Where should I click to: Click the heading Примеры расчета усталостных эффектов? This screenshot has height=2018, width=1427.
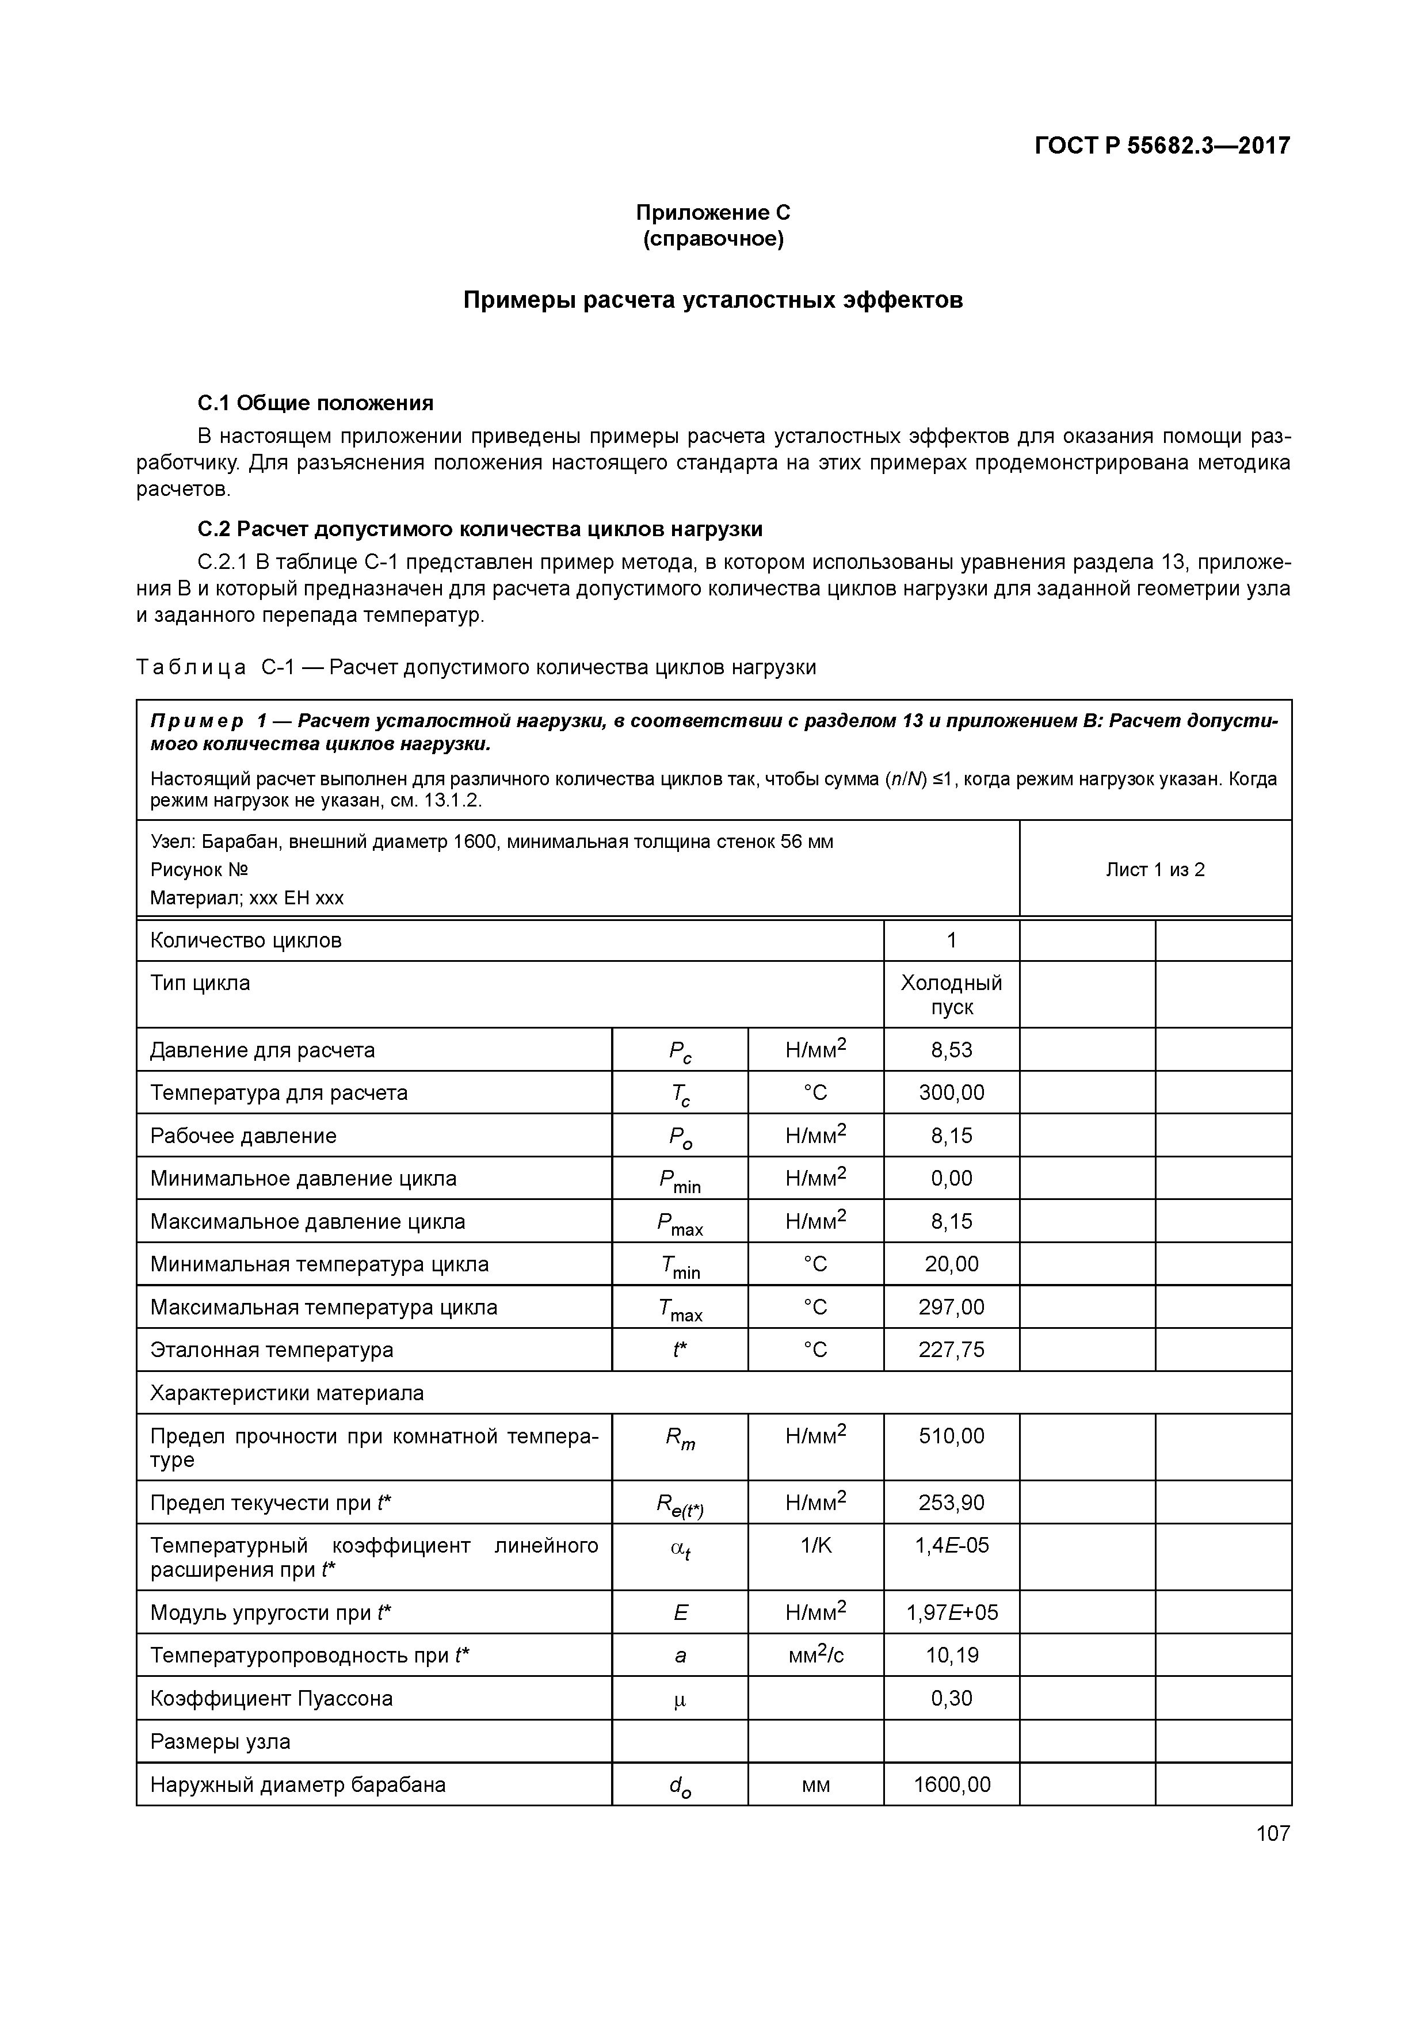click(712, 301)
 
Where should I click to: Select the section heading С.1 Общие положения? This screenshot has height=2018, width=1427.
click(316, 403)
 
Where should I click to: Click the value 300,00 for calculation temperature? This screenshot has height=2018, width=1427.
click(951, 1092)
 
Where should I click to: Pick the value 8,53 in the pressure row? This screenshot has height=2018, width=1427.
click(951, 1049)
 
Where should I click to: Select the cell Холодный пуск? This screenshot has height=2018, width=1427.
click(951, 994)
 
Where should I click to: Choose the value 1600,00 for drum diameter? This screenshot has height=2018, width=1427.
click(951, 1784)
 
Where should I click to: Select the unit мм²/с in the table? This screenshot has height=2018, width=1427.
click(815, 1655)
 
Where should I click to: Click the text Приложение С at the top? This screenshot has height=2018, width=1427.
click(712, 213)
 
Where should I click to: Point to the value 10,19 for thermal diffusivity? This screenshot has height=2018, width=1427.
click(951, 1655)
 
